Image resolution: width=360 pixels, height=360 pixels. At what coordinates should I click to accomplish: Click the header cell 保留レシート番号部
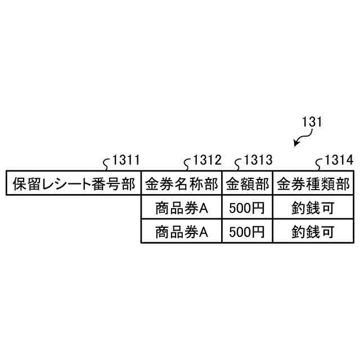coord(73,183)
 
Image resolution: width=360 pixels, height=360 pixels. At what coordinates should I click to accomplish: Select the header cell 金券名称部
coord(181,183)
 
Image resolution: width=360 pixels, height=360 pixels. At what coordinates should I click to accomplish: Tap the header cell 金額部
coord(247,183)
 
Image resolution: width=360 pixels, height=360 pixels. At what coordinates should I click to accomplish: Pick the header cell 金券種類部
coord(313,183)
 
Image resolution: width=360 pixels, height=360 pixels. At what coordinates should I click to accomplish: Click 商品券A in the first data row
coord(181,208)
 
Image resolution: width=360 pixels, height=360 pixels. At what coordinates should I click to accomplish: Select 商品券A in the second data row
coord(181,231)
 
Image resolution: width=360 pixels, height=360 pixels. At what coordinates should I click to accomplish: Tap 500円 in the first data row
coord(247,208)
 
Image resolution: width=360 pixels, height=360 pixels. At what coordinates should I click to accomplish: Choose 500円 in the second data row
coord(247,231)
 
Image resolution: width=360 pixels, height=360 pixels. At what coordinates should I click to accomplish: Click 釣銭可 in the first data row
coord(313,208)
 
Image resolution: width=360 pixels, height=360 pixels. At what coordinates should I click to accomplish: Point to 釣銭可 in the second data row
coord(313,231)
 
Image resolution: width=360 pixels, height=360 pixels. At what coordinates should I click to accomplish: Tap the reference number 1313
coord(258,160)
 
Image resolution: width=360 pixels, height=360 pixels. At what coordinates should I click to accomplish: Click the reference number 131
coord(312,121)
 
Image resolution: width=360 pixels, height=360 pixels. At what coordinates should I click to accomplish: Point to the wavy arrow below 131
coord(303,138)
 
